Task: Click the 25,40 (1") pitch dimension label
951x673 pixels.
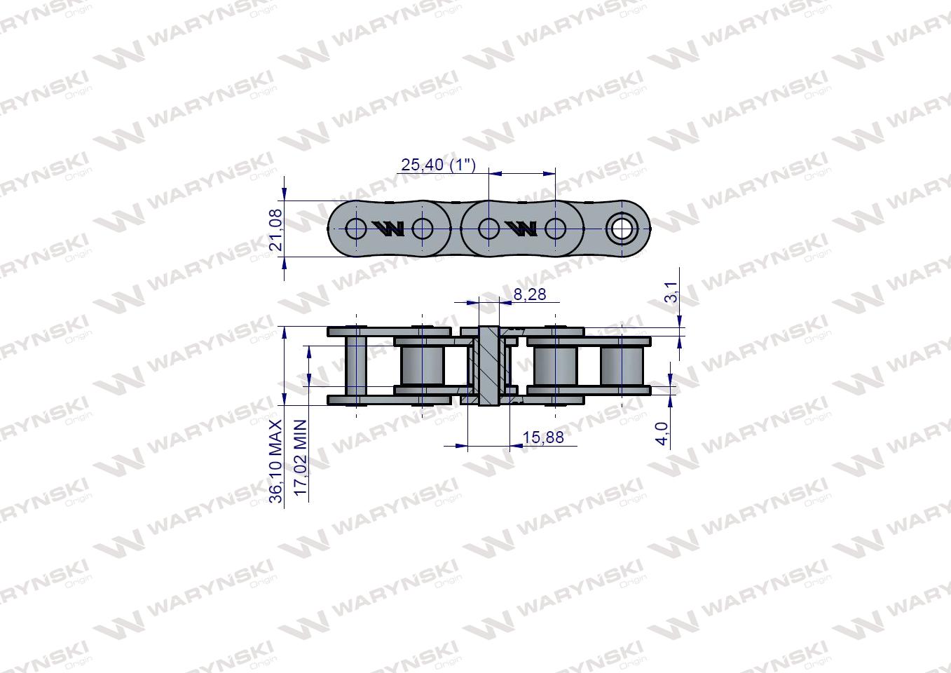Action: (439, 165)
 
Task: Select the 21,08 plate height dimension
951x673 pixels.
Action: (275, 230)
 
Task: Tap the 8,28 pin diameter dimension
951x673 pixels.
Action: (530, 294)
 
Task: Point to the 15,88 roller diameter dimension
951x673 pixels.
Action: (543, 437)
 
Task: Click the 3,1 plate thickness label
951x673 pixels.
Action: (671, 292)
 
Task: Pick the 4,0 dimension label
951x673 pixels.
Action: (662, 433)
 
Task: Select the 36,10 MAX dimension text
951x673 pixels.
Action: (275, 461)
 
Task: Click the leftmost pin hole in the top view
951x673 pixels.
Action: (356, 229)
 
